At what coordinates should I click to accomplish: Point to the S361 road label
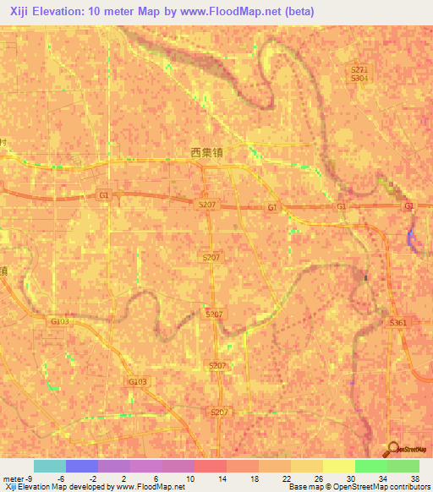(x=398, y=323)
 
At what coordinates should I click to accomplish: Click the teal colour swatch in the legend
(x=50, y=466)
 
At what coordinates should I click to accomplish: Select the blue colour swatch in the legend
(x=82, y=466)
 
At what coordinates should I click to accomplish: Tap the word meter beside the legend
(x=12, y=478)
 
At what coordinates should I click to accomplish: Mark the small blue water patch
(x=412, y=238)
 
